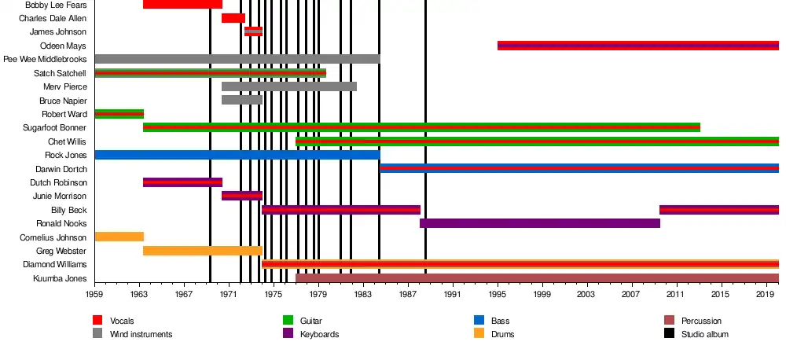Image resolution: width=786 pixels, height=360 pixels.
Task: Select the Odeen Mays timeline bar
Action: (x=637, y=46)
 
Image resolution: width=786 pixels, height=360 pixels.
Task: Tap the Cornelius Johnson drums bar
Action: (x=119, y=237)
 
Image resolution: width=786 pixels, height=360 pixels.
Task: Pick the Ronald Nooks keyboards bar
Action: (x=539, y=223)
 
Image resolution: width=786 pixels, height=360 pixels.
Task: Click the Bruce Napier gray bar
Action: (x=241, y=100)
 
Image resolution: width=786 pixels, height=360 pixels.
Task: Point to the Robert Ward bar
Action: (x=119, y=114)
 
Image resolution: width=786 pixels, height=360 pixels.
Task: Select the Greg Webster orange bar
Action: (x=202, y=251)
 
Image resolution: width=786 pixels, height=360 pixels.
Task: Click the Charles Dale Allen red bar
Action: (x=233, y=18)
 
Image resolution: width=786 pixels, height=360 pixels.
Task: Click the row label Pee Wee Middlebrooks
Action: (x=45, y=59)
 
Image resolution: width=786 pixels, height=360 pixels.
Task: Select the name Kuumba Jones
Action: (x=60, y=278)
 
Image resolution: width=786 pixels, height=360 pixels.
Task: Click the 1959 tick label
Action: (x=95, y=294)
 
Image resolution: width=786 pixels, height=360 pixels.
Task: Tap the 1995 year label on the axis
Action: (x=498, y=294)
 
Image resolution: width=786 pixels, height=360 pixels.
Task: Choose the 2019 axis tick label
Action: (x=766, y=294)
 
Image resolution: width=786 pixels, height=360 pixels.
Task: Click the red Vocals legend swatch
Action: (x=97, y=320)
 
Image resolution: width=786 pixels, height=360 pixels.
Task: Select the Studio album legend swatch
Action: (x=669, y=333)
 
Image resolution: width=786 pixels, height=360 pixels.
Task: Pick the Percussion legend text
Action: (x=701, y=321)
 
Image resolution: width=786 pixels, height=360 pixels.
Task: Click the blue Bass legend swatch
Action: (x=478, y=320)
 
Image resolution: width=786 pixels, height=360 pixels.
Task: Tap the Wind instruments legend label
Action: (x=141, y=334)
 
